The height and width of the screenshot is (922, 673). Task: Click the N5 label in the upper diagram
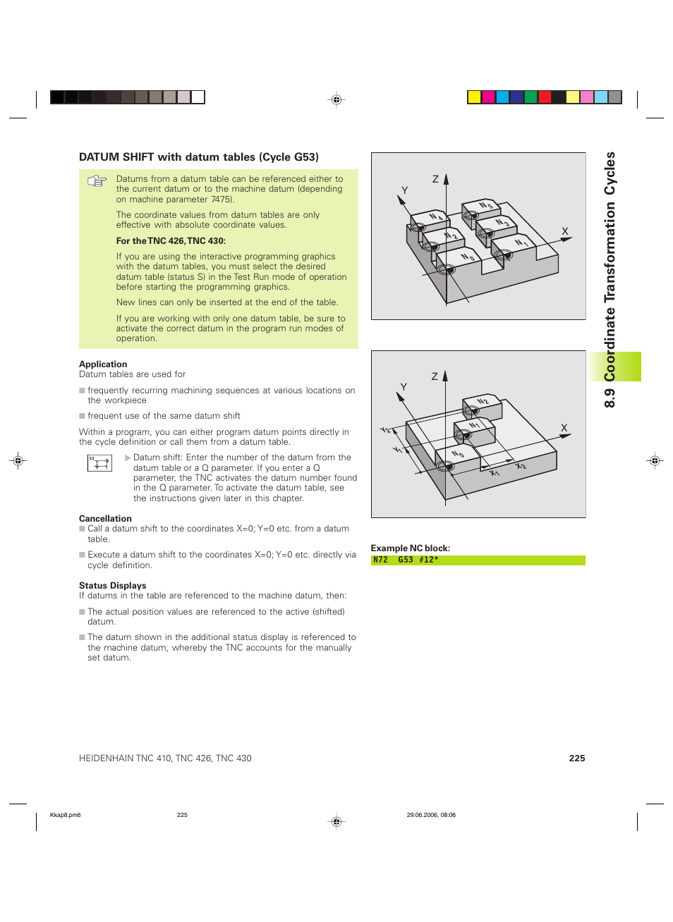[x=486, y=206]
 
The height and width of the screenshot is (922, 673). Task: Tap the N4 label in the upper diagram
[x=436, y=217]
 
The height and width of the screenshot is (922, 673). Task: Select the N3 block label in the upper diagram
[x=502, y=223]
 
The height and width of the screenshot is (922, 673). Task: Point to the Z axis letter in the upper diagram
[x=435, y=179]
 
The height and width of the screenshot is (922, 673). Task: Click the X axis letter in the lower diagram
[x=564, y=428]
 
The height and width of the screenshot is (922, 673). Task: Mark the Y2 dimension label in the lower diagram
[x=386, y=430]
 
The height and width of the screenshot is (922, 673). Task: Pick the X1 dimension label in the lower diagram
[x=495, y=472]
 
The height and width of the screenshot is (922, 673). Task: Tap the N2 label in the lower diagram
[x=483, y=402]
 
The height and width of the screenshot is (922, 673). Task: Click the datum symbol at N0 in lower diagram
[x=445, y=466]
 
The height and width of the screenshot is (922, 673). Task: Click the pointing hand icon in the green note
[x=97, y=181]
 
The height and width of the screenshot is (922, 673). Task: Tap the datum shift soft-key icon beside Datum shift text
[x=99, y=462]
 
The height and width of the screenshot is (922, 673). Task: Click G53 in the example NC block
[x=406, y=560]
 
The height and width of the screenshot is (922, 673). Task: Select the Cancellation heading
[x=105, y=519]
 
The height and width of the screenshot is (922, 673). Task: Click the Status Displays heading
[x=112, y=586]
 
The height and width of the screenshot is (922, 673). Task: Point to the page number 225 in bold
[x=576, y=758]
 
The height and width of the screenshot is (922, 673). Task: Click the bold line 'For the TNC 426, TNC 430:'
[x=171, y=241]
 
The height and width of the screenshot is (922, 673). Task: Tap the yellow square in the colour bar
[x=474, y=97]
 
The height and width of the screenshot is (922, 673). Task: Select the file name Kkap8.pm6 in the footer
[x=65, y=815]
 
